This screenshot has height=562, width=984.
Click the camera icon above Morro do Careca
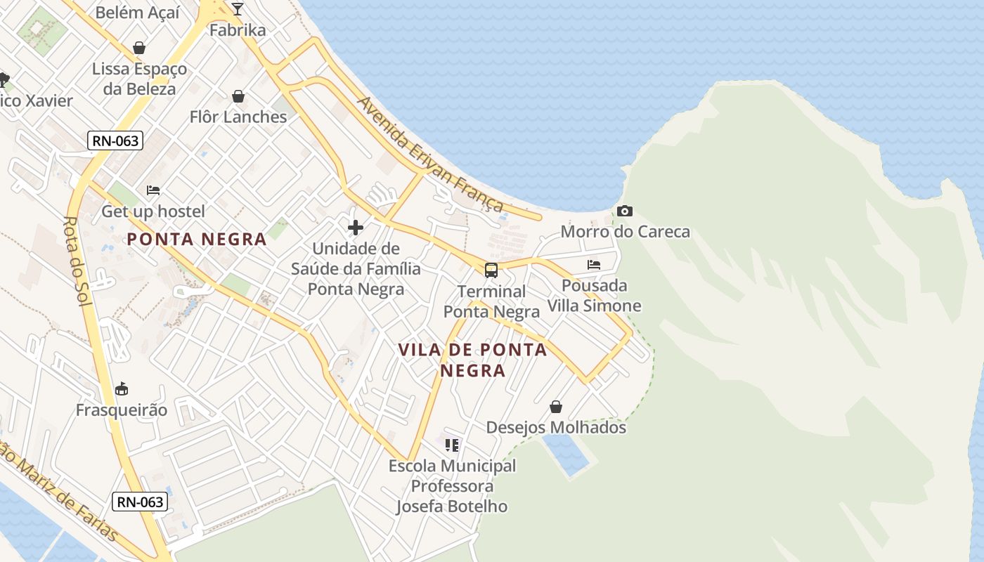624,211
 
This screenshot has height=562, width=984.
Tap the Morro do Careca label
625,232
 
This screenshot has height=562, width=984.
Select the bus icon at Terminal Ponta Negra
491,270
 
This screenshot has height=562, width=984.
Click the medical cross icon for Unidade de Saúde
356,227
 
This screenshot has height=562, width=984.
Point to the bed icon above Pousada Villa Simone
594,265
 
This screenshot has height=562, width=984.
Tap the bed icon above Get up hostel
153,190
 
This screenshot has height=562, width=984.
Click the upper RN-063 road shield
116,140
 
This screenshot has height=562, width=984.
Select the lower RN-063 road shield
140,502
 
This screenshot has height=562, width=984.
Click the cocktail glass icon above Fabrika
238,9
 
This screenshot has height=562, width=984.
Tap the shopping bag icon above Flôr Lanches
238,96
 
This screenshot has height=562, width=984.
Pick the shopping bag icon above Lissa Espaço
139,48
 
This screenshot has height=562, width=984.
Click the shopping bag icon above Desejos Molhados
556,407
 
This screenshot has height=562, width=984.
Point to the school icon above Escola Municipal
452,445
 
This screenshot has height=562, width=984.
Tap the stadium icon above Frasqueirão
122,389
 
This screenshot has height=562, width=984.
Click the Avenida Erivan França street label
431,155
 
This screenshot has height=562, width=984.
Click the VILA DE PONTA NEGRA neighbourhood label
472,360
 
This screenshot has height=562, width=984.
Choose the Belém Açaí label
138,13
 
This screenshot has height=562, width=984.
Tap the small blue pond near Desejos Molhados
565,453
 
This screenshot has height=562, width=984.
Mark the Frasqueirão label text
122,410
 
